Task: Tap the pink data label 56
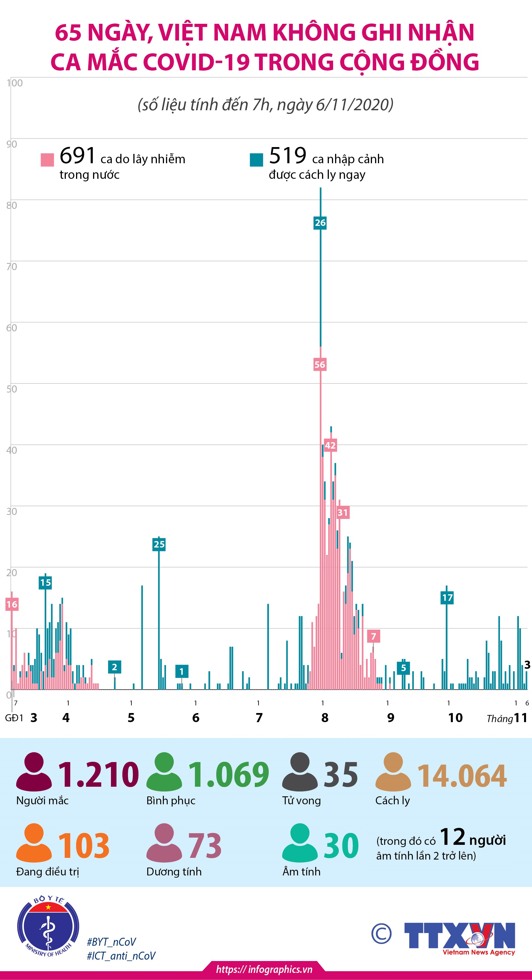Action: pyautogui.click(x=320, y=364)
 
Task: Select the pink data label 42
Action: pyautogui.click(x=330, y=446)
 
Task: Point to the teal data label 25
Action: pyautogui.click(x=159, y=544)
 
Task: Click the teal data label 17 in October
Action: pyautogui.click(x=447, y=598)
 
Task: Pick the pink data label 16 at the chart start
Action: pyautogui.click(x=12, y=604)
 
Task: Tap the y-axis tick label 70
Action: pyautogui.click(x=12, y=267)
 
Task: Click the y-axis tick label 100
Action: pyautogui.click(x=15, y=83)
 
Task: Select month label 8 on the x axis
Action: pyautogui.click(x=325, y=718)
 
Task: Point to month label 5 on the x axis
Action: pyautogui.click(x=131, y=718)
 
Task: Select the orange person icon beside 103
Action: pyautogui.click(x=34, y=842)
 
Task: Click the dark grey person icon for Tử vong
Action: pyautogui.click(x=300, y=771)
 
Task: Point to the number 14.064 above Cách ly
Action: pyautogui.click(x=462, y=775)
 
